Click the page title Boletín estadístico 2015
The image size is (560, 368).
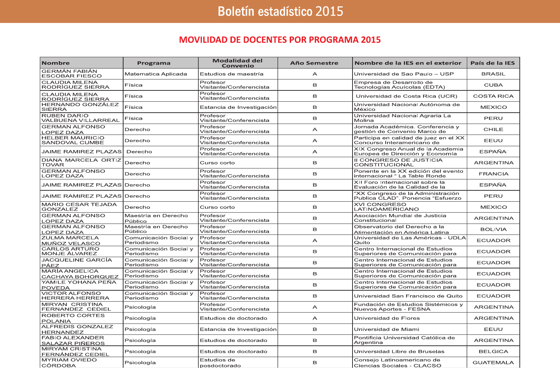(280, 11)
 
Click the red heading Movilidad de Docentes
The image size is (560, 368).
(280, 40)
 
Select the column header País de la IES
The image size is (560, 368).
(493, 63)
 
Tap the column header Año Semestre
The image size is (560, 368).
(314, 63)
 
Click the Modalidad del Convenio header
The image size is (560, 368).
(237, 63)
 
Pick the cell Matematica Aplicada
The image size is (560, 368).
(156, 74)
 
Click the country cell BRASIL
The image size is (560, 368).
(493, 74)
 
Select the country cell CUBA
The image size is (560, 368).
(493, 85)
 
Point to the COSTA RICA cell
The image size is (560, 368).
(493, 96)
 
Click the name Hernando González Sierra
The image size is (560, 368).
(80, 107)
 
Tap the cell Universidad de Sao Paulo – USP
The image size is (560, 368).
(404, 74)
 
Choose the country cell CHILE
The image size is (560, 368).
(493, 129)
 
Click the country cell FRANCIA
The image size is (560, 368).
(493, 174)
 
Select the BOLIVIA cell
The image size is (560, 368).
(493, 229)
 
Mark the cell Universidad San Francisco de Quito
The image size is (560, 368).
(408, 296)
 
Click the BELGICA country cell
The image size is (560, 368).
(493, 351)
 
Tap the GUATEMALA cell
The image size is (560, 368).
(493, 362)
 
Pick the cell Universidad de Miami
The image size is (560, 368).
(386, 329)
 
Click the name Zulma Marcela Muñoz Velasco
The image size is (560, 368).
(71, 241)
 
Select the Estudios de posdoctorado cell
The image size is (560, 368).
(220, 363)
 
